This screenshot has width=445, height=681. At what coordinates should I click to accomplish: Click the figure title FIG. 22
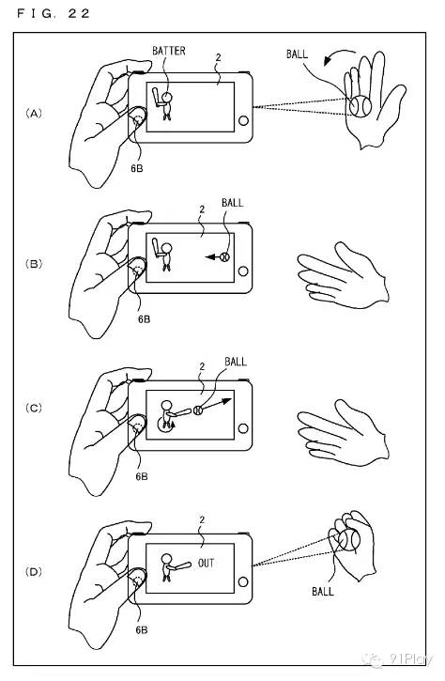53,13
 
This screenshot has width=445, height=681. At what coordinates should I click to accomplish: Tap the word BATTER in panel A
169,51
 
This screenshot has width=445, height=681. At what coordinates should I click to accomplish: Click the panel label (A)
34,114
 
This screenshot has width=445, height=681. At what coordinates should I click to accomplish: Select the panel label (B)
34,264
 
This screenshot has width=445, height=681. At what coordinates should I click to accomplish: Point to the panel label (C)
34,408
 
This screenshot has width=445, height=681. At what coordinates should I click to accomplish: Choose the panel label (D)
34,571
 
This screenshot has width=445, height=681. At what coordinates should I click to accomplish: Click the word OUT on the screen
207,564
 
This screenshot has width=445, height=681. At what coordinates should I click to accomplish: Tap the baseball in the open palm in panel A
361,106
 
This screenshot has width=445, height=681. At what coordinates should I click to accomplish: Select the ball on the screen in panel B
225,256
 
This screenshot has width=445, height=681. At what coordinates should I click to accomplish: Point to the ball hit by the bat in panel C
198,410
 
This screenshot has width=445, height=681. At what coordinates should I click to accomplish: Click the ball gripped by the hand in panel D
349,540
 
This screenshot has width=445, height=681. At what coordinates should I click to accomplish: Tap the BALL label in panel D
323,591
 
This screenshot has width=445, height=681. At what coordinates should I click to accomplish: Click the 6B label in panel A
137,168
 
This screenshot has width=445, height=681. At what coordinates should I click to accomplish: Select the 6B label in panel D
142,629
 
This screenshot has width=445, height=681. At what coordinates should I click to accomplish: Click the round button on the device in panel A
243,120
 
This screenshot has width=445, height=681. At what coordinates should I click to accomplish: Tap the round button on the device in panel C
243,428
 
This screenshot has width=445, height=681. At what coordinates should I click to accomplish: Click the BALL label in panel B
232,202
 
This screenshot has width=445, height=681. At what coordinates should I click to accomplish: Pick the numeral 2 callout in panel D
202,519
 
